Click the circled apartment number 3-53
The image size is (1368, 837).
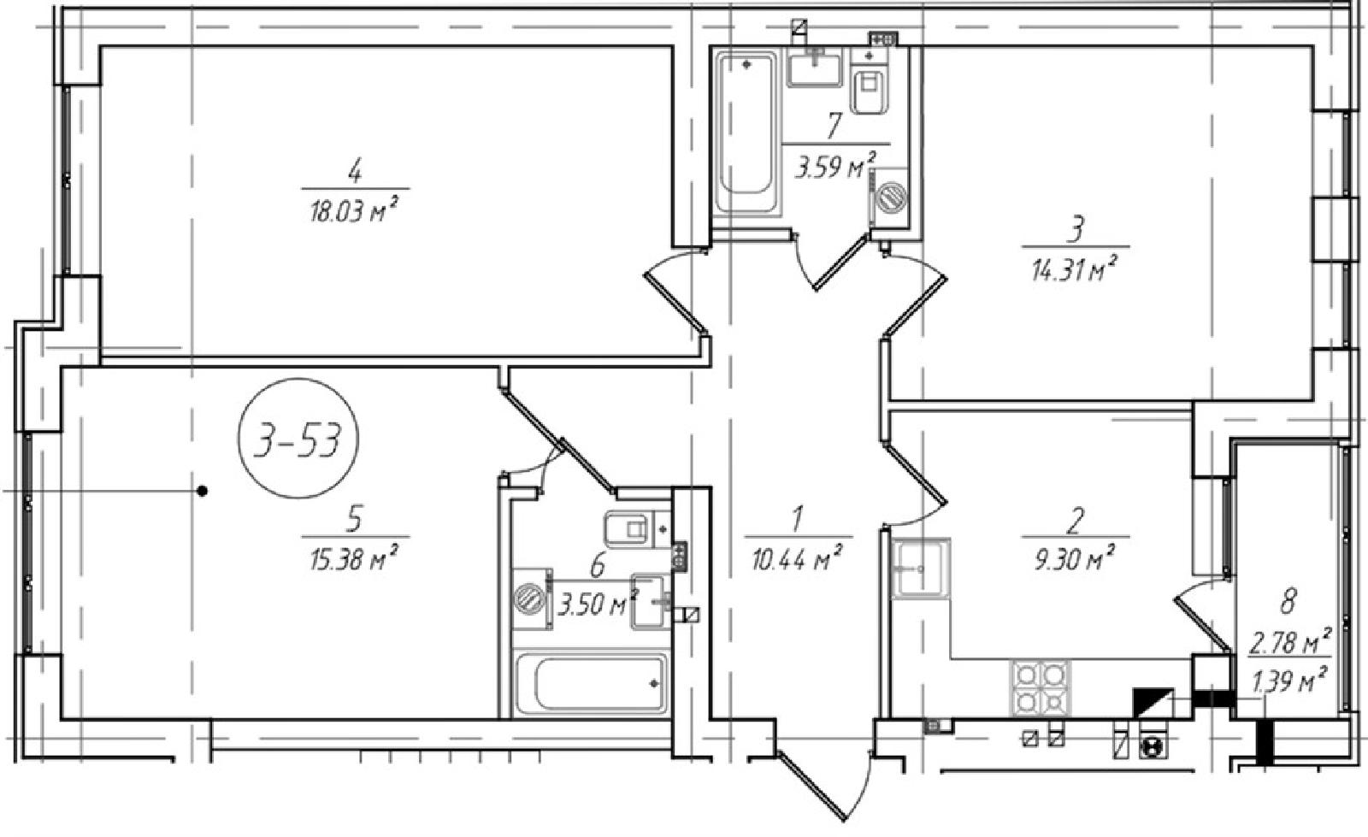[x=298, y=439]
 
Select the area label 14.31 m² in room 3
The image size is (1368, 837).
[x=1075, y=269]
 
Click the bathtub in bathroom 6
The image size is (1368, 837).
[x=591, y=682]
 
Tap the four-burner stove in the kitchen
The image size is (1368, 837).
[x=1041, y=688]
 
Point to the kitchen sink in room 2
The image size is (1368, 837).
[x=921, y=568]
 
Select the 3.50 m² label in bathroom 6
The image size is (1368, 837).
[x=598, y=604]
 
